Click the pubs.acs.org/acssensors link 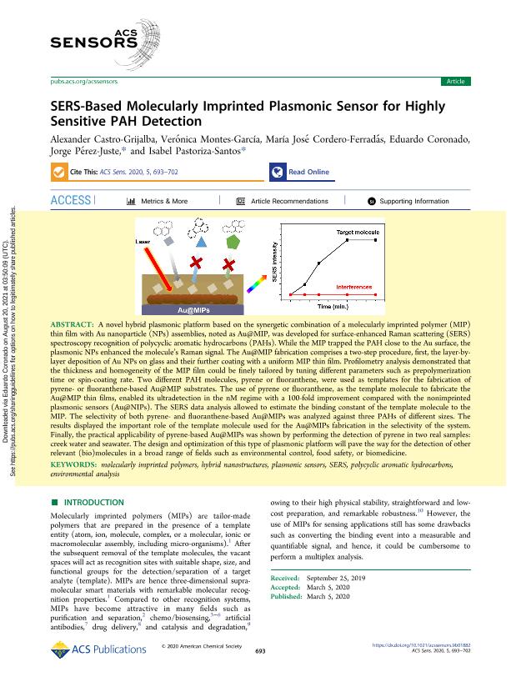point(83,82)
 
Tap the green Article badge point(456,82)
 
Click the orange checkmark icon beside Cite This point(58,173)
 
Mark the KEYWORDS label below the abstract point(74,463)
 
